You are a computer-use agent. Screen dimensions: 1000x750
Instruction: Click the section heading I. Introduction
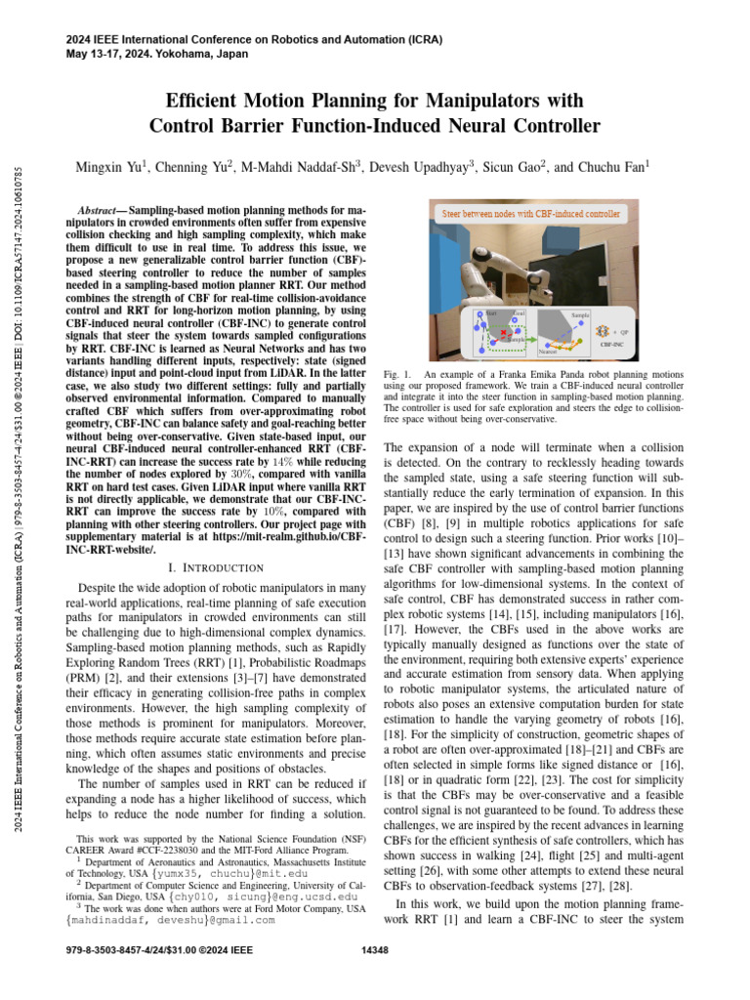[223, 567]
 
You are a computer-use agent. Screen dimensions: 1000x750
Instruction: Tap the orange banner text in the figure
[531, 212]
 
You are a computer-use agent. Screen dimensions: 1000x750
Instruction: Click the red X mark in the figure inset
[502, 333]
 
